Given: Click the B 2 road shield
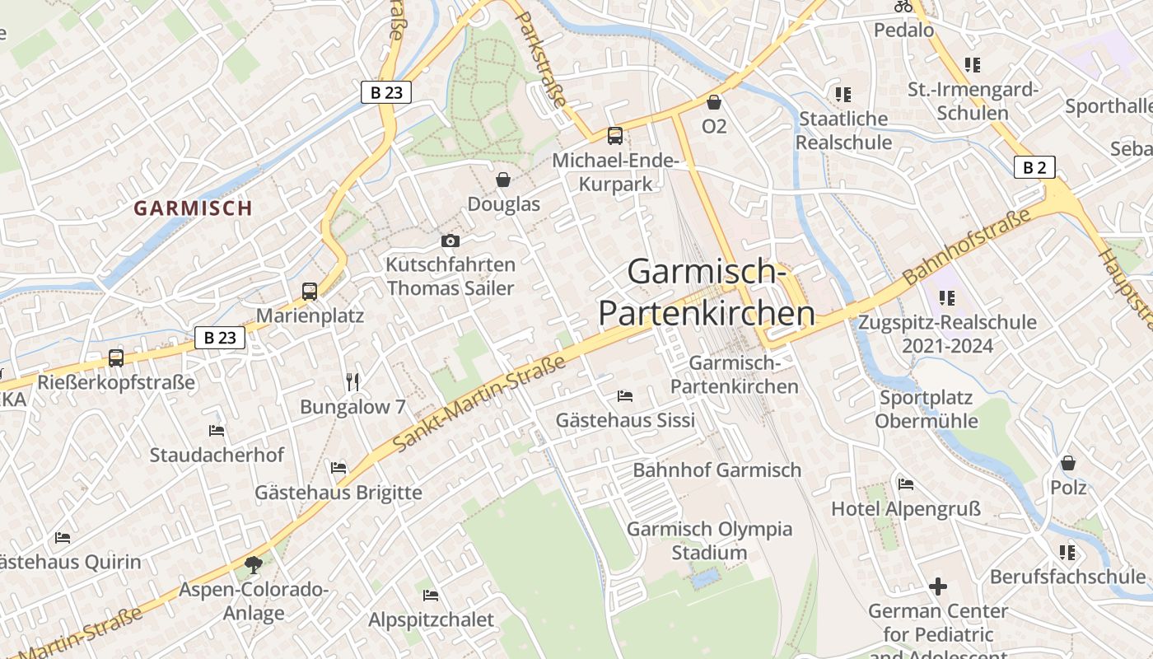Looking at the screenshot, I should [x=1034, y=168].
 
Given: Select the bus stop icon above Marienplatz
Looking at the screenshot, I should [x=310, y=291].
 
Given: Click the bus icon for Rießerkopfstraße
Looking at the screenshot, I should [x=116, y=358].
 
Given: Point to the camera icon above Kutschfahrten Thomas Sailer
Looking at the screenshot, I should [x=450, y=241].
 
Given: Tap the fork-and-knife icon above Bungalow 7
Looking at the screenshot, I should [x=352, y=381].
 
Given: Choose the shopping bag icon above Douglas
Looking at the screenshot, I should [x=503, y=180].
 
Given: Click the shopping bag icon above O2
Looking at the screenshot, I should [x=714, y=102].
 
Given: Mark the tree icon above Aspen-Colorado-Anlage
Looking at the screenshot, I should [x=254, y=565].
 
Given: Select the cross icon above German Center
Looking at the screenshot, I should [x=938, y=587].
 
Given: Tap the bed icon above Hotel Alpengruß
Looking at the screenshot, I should [x=906, y=484].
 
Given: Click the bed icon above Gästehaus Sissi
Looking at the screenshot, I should [x=625, y=396].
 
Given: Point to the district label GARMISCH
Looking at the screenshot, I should [x=193, y=208].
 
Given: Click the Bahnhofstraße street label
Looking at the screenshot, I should [x=967, y=247].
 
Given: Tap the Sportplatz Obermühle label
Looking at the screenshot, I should [x=927, y=409].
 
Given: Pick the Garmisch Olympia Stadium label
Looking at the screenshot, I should [x=709, y=540].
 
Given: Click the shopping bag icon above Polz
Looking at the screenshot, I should [x=1068, y=463].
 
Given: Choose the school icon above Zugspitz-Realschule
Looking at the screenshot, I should [x=946, y=297].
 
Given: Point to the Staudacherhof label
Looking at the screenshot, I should [x=217, y=455].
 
